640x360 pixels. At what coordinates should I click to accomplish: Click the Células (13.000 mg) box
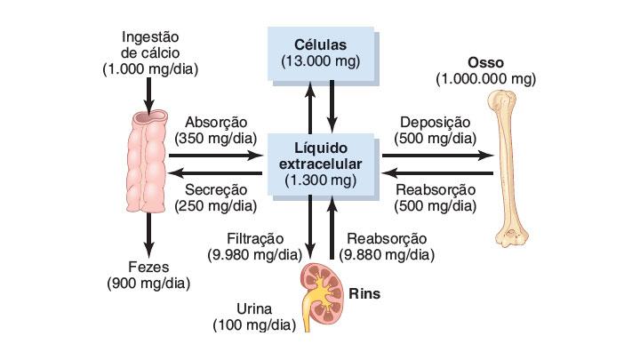[x=320, y=52]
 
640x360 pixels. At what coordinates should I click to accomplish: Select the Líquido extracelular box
[x=320, y=164]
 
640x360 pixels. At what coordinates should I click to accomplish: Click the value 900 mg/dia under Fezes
[x=149, y=284]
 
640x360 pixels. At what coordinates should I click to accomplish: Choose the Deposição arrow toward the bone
[x=436, y=155]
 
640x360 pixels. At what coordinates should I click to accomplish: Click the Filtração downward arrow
[x=310, y=227]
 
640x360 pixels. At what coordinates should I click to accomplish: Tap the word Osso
[x=485, y=62]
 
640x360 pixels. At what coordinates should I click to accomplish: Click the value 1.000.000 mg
[x=485, y=79]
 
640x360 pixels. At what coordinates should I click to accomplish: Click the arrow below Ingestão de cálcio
[x=149, y=92]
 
